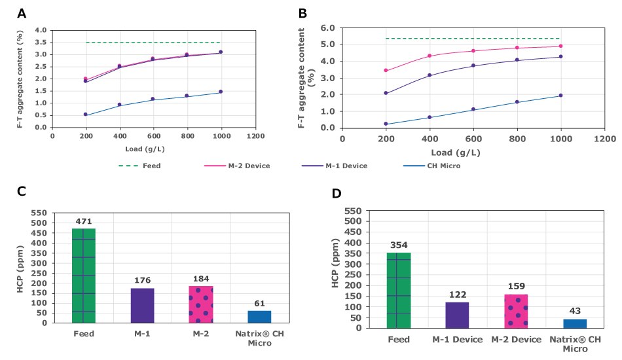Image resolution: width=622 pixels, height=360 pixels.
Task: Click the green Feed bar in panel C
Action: point(83,276)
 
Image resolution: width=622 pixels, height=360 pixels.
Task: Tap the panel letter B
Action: point(302,12)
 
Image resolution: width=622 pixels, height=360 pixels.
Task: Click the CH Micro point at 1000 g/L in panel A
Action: point(221,92)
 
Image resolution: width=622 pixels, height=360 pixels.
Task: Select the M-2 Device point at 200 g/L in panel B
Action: point(386,70)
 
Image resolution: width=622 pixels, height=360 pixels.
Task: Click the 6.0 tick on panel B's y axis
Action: point(327,28)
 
